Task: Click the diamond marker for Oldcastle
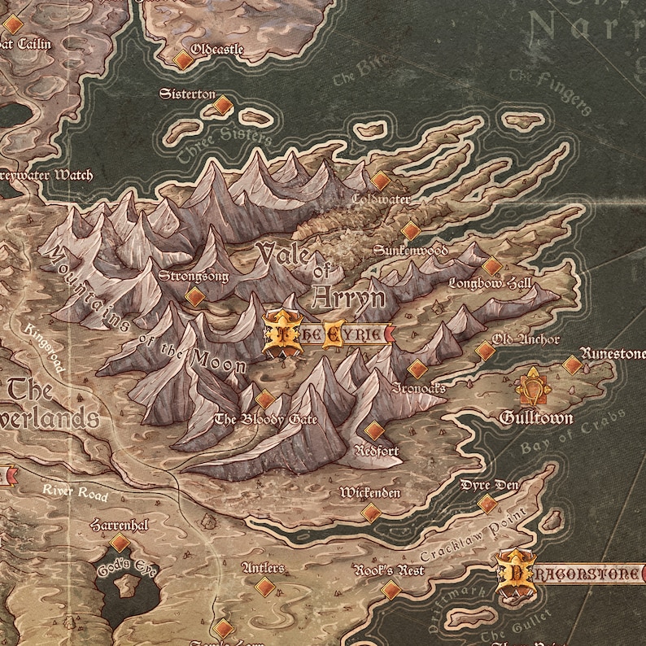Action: (183, 59)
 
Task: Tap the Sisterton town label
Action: (186, 94)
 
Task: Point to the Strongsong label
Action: (194, 277)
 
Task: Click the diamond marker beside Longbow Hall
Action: (491, 266)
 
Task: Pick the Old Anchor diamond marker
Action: (485, 351)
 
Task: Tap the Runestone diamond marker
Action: (573, 365)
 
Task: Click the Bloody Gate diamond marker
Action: (264, 399)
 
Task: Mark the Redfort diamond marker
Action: (374, 431)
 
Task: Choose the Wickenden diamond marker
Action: (371, 513)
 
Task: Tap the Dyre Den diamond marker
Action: (487, 504)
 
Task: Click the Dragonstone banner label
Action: (574, 574)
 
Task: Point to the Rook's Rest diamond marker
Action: (391, 590)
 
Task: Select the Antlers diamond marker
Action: (264, 587)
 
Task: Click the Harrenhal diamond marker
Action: (120, 543)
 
